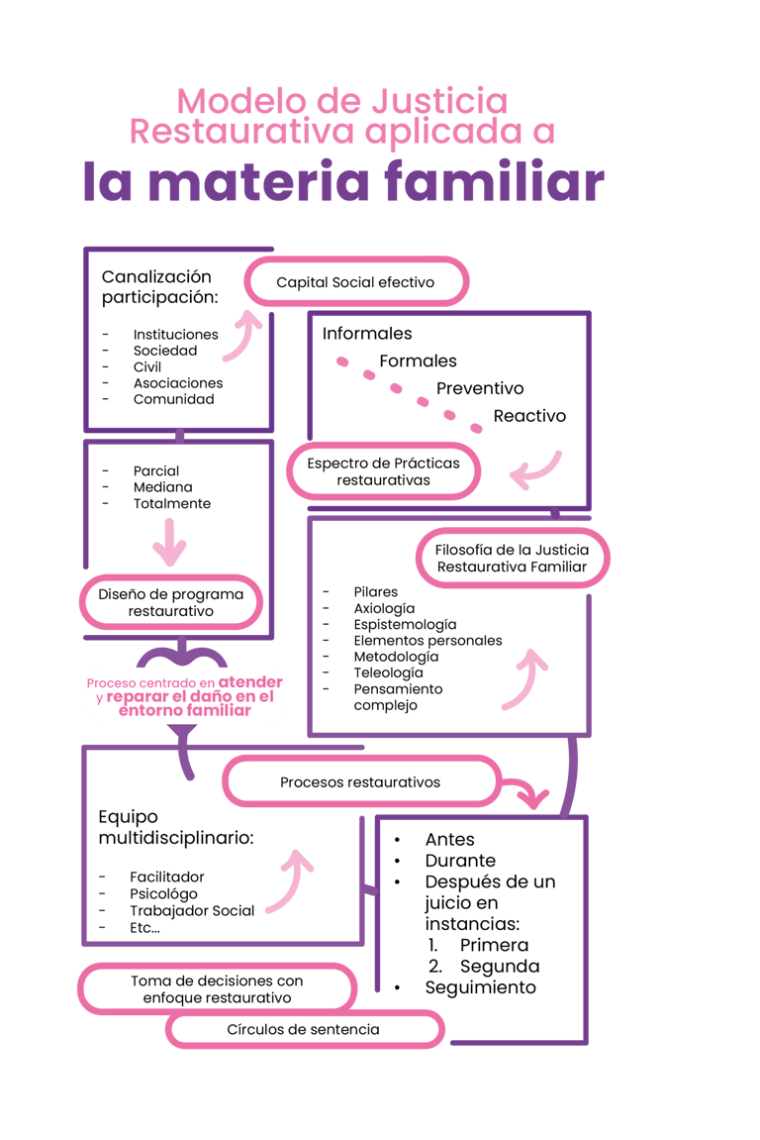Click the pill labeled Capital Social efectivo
(355, 282)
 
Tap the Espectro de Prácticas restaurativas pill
(383, 471)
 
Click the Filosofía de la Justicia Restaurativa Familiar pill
(512, 559)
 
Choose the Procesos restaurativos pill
(360, 782)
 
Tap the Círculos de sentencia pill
(303, 1030)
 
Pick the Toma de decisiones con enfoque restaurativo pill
(217, 988)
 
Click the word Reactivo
(529, 416)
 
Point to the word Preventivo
(480, 388)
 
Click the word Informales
(367, 334)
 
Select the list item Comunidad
(173, 400)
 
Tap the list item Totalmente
(171, 504)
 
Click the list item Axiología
(384, 608)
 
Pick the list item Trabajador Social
(192, 910)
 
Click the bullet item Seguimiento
(480, 987)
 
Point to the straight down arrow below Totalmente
(169, 540)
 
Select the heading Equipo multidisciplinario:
(176, 828)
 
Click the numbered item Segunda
(499, 966)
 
